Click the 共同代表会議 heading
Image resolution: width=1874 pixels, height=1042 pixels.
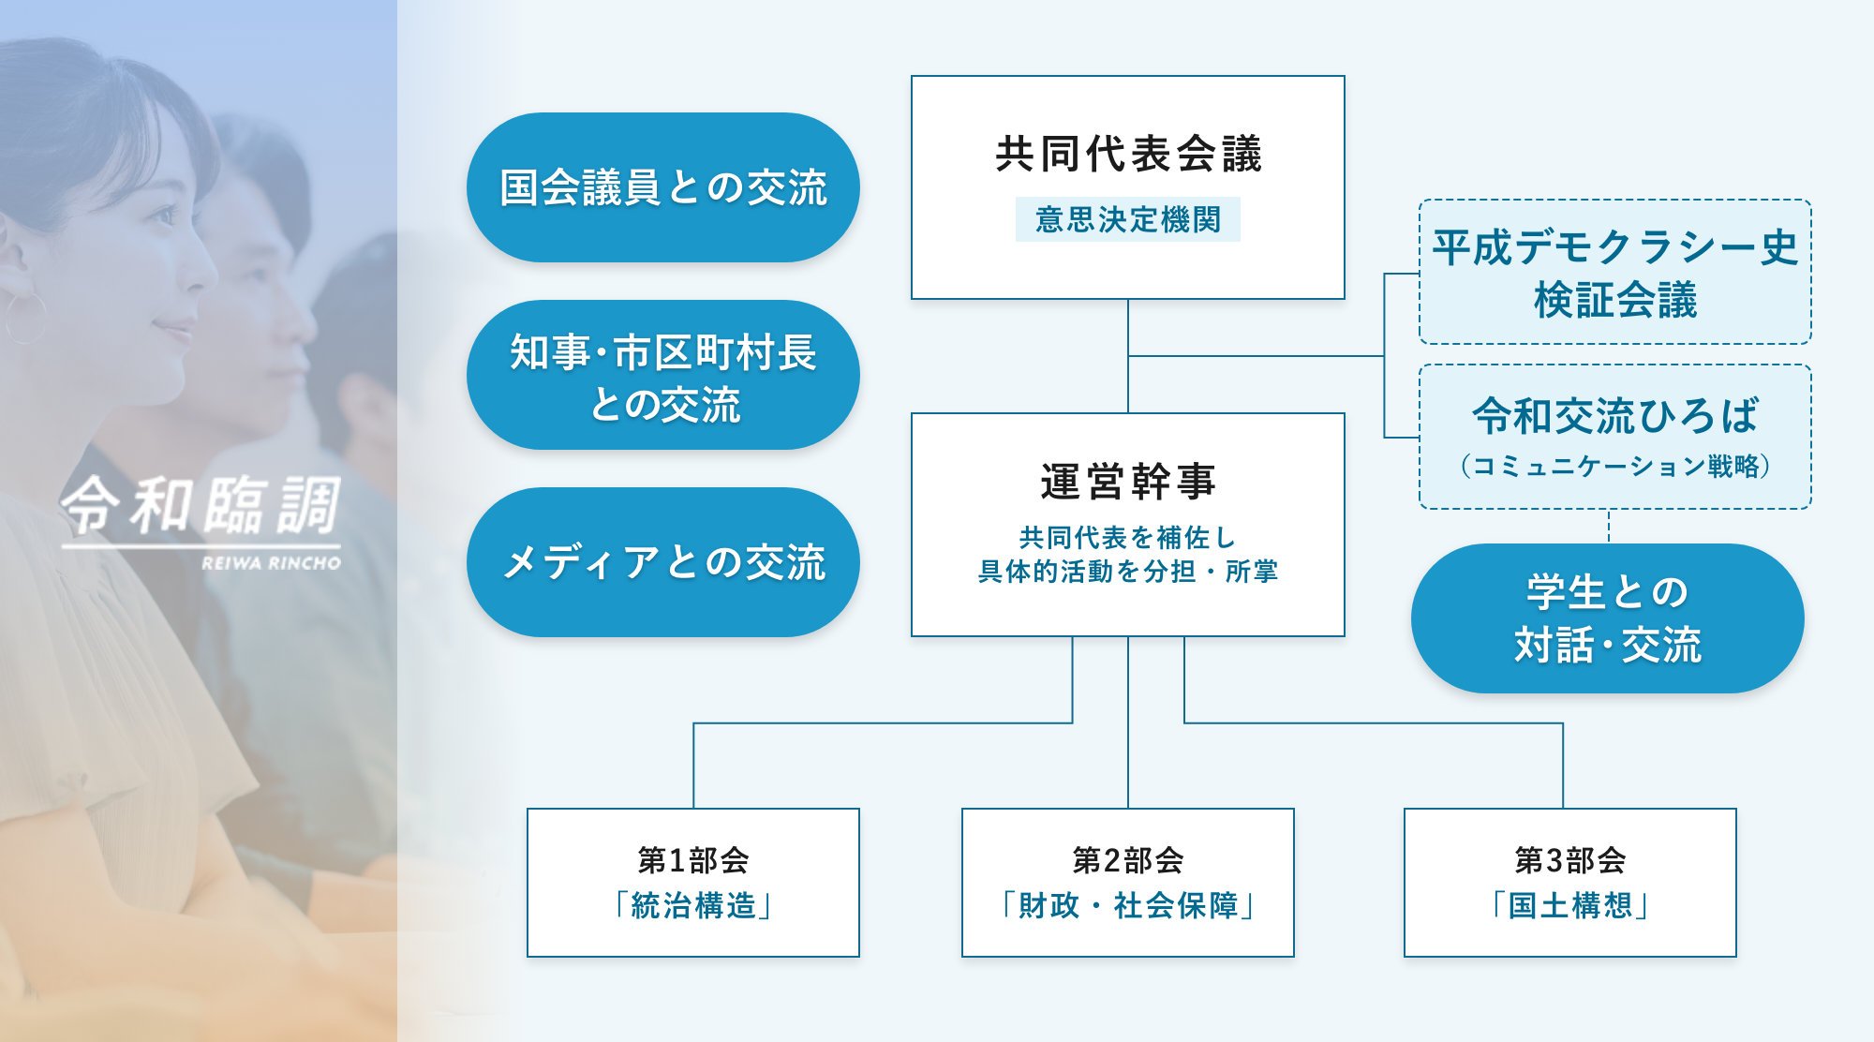pyautogui.click(x=1128, y=154)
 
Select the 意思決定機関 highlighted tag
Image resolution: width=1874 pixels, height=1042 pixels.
pyautogui.click(x=1128, y=219)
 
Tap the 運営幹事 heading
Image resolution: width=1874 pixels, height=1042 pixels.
pyautogui.click(x=1128, y=482)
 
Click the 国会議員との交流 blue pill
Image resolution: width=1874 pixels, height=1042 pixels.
pyautogui.click(x=663, y=187)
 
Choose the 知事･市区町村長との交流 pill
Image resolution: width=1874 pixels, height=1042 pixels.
pyautogui.click(x=663, y=375)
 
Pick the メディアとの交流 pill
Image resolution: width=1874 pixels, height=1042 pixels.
pyautogui.click(x=663, y=562)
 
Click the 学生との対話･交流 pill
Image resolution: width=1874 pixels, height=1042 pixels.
pyautogui.click(x=1608, y=618)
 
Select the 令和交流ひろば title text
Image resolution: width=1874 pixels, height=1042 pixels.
pyautogui.click(x=1615, y=416)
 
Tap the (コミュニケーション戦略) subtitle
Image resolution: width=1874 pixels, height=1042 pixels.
pyautogui.click(x=1615, y=466)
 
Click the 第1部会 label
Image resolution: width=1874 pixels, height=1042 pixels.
pyautogui.click(x=693, y=859)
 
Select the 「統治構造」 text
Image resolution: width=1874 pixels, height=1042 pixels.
pyautogui.click(x=693, y=905)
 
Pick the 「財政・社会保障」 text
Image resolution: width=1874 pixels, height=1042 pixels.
pyautogui.click(x=1128, y=905)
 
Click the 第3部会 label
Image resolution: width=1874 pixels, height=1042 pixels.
pyautogui.click(x=1570, y=859)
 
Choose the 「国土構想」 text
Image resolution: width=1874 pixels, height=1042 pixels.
pyautogui.click(x=1570, y=905)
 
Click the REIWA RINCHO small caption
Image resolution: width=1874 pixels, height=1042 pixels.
pyautogui.click(x=271, y=563)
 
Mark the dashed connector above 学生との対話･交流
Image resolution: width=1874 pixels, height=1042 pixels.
pyautogui.click(x=1609, y=527)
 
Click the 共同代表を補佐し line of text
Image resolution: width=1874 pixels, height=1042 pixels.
pyautogui.click(x=1128, y=537)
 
